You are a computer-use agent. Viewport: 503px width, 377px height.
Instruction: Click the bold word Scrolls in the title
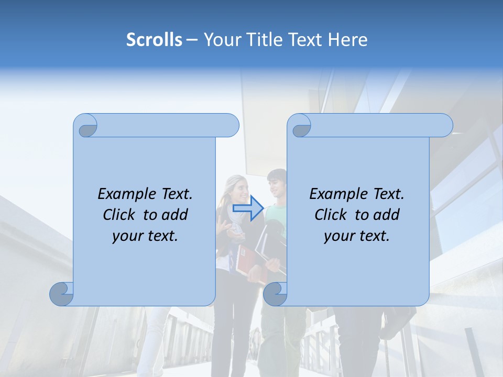coord(154,40)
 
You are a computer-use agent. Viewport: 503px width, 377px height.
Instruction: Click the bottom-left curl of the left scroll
coord(62,294)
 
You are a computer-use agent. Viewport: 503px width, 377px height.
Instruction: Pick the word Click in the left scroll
coord(118,215)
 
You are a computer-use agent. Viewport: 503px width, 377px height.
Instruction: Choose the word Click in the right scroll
coord(330,215)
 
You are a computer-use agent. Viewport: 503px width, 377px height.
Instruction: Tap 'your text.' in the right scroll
coord(357,236)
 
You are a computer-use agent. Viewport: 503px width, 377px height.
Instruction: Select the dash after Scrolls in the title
coord(192,40)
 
